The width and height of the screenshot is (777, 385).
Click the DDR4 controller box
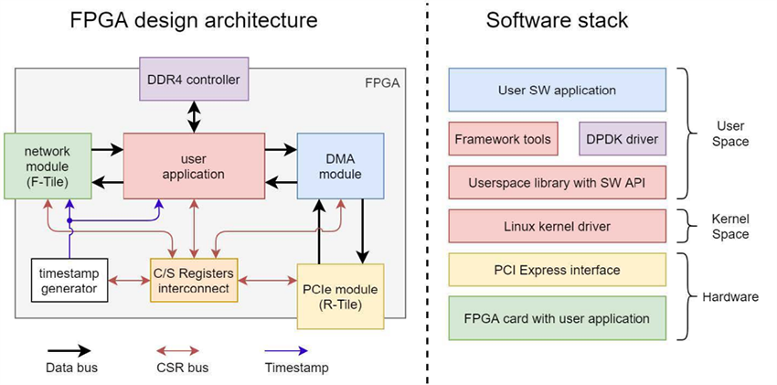193,79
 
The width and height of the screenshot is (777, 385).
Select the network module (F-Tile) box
48,165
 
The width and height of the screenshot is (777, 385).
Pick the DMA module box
341,165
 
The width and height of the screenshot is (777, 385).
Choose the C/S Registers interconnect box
193,280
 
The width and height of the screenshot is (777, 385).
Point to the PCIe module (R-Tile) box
340,295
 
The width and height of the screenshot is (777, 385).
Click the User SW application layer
557,91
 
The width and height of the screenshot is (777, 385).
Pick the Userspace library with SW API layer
557,182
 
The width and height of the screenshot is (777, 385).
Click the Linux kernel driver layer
557,225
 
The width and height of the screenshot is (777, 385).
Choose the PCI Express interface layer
557,270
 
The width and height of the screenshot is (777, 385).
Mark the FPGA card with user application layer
557,318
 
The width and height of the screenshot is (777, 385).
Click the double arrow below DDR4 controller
193,116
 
